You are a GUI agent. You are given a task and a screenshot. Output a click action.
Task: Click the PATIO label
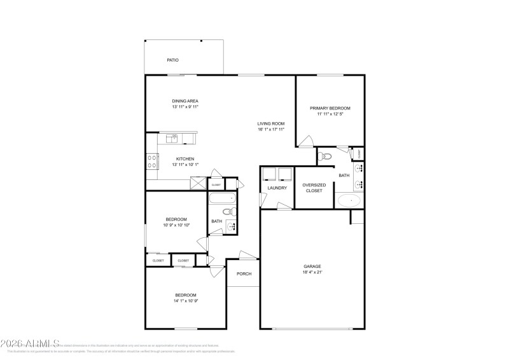click(x=172, y=60)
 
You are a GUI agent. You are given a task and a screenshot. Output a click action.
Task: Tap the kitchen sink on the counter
click(x=172, y=138)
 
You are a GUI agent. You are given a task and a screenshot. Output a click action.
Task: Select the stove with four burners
click(x=153, y=161)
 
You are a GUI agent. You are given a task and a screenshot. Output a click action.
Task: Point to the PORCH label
click(x=244, y=274)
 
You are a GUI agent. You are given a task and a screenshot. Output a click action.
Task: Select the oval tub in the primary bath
click(x=349, y=201)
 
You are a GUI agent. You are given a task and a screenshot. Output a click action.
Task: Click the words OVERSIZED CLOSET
click(x=314, y=188)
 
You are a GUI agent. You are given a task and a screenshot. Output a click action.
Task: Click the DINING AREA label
click(x=185, y=101)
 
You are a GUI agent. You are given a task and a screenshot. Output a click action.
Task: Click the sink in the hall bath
click(x=232, y=225)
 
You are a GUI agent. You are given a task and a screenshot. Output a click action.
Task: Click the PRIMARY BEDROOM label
click(x=330, y=108)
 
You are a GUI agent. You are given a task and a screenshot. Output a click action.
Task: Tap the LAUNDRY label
click(x=277, y=188)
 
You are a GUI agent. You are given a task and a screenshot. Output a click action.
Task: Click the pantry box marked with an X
click(x=199, y=184)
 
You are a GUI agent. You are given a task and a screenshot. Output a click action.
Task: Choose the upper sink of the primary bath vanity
click(x=360, y=169)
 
